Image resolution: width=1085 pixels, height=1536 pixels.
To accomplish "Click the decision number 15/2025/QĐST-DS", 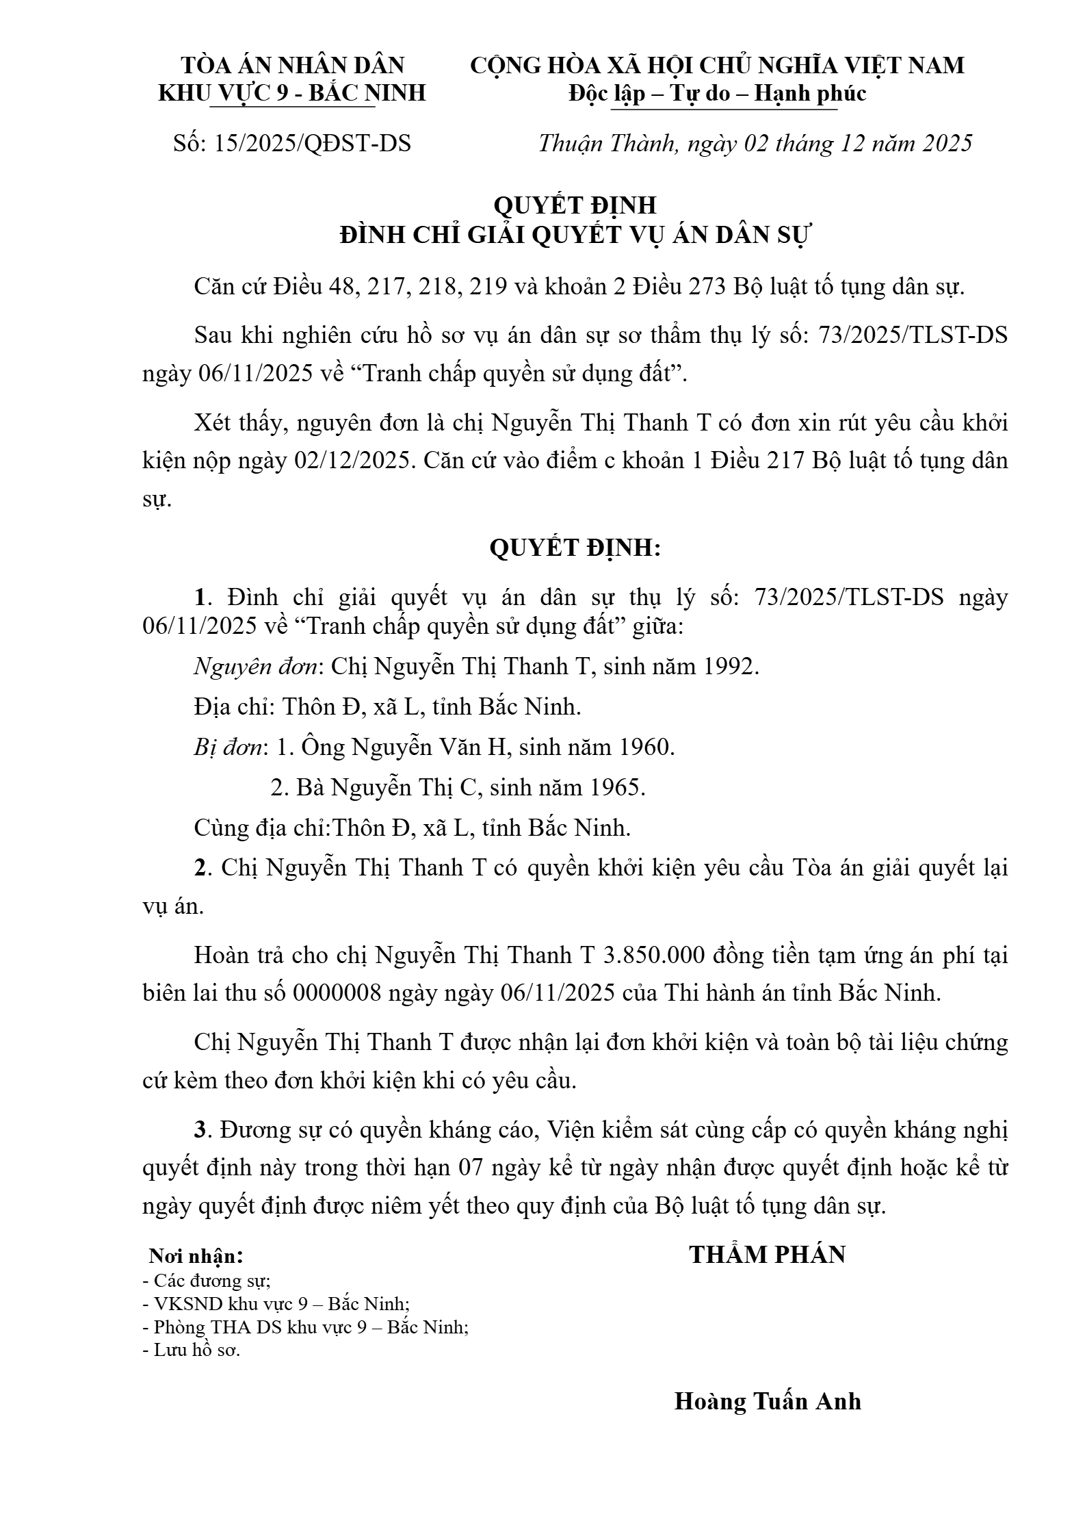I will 312,144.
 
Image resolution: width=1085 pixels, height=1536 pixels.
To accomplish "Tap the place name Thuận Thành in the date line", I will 607,144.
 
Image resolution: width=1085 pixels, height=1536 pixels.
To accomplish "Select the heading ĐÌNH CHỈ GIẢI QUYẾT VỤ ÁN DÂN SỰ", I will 575,235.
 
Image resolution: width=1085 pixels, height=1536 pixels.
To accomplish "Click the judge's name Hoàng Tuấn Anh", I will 768,1401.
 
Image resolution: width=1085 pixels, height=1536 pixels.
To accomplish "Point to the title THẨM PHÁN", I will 767,1254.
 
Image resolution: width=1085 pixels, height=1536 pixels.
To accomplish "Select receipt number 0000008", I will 337,993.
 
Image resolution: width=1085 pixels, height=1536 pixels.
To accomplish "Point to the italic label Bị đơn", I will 228,747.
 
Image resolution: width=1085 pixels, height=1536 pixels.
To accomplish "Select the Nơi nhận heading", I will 196,1256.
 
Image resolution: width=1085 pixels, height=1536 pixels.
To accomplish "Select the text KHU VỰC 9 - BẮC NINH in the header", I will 292,93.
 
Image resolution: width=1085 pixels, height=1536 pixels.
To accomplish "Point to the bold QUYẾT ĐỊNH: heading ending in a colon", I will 575,548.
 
